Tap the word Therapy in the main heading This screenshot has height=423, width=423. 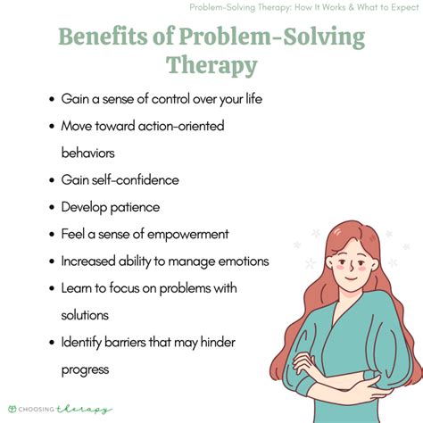click(x=211, y=66)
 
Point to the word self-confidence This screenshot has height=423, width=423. click(x=136, y=180)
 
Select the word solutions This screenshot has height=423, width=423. click(x=85, y=316)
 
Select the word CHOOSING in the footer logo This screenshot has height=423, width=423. click(x=41, y=409)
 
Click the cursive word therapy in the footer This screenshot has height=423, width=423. click(x=87, y=409)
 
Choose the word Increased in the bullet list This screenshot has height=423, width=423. click(x=91, y=261)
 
